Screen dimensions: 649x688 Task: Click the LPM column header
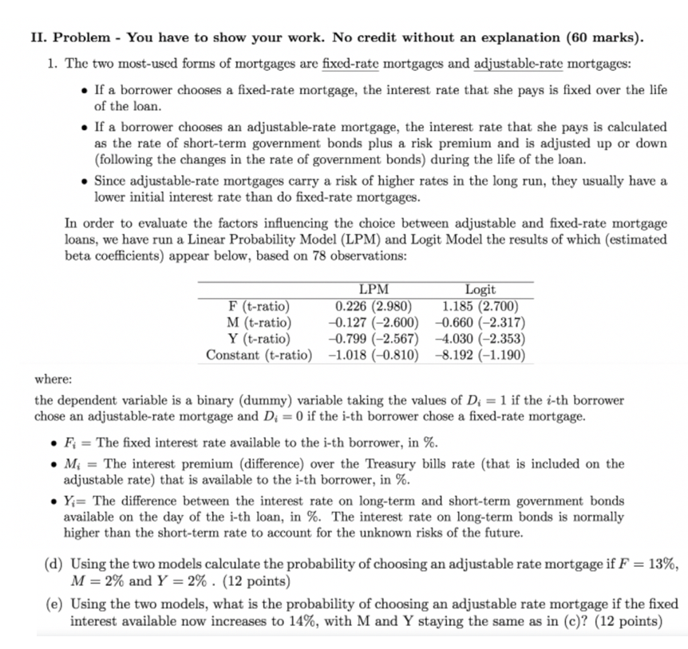pyautogui.click(x=374, y=290)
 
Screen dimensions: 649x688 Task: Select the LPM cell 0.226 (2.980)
pyautogui.click(x=374, y=306)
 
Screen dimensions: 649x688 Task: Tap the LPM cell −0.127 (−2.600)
pyautogui.click(x=374, y=322)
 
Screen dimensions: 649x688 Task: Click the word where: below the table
pyautogui.click(x=53, y=380)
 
